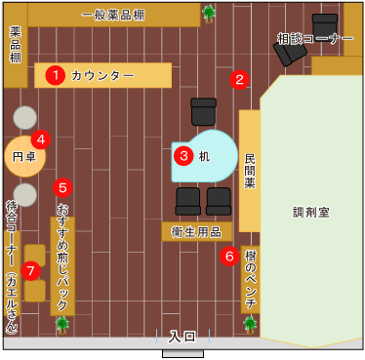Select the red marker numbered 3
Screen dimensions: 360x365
tap(182, 154)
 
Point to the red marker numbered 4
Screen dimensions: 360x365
tap(40, 139)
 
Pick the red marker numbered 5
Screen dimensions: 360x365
tap(63, 186)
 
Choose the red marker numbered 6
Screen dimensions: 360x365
tap(230, 257)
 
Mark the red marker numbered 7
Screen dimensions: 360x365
tap(30, 268)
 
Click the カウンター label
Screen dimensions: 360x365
tap(101, 75)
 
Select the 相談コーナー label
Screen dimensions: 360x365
tap(314, 39)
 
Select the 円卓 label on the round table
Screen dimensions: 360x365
tap(23, 155)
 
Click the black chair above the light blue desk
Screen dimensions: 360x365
tap(203, 110)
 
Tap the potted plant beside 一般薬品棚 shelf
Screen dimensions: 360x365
tap(209, 13)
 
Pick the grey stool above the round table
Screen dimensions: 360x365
tap(25, 117)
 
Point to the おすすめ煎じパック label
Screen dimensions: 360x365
tap(63, 249)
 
